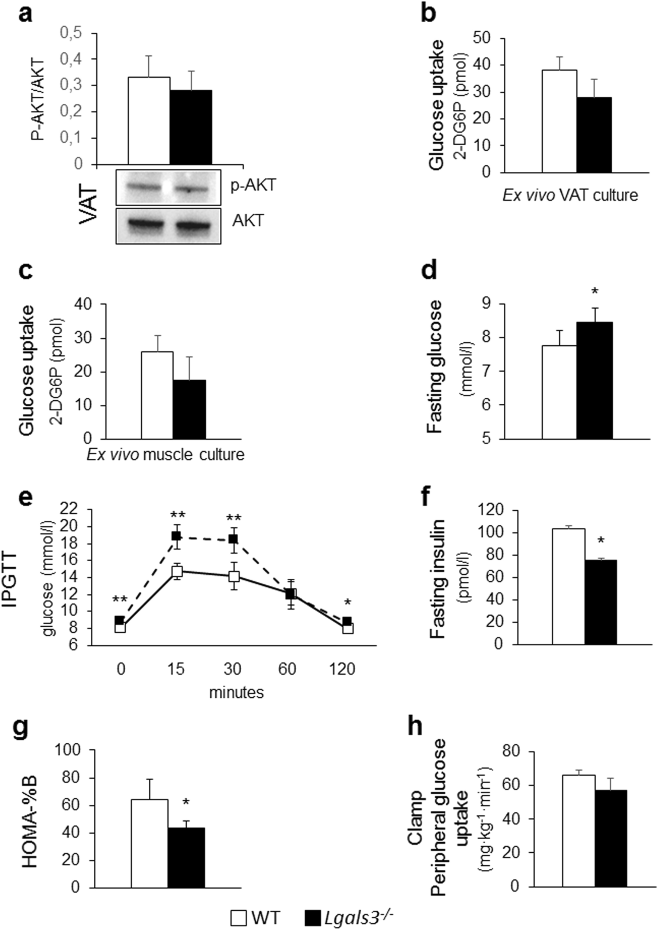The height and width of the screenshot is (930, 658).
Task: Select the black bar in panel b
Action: tap(594, 135)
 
